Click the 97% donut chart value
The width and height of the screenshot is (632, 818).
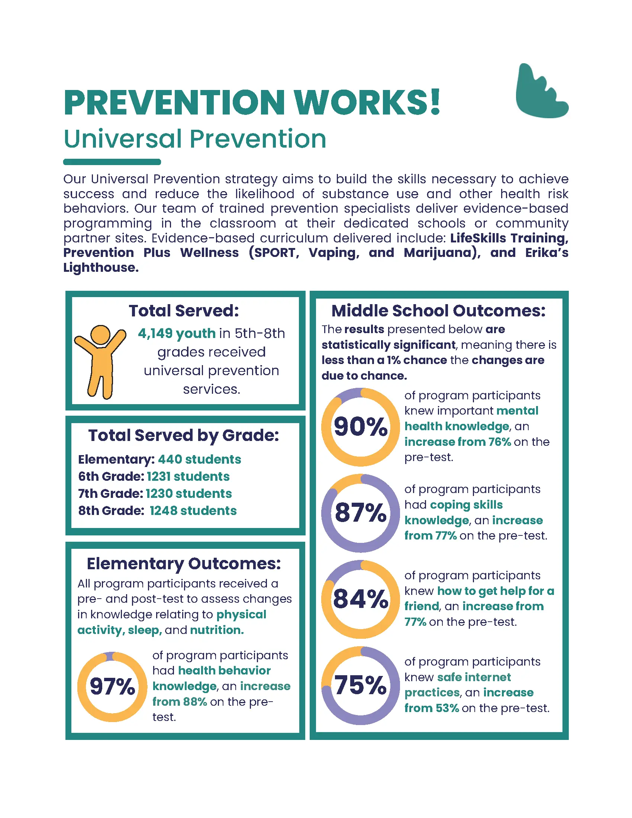112,686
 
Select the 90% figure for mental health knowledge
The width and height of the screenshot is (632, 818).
360,426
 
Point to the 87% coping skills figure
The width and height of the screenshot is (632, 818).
360,513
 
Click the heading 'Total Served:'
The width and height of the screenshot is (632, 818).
184,311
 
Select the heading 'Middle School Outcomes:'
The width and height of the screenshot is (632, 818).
438,311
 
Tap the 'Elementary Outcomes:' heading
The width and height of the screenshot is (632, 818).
184,563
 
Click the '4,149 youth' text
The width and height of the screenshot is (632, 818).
177,333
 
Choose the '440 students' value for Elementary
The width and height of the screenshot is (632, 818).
200,459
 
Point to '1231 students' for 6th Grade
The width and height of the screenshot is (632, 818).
188,476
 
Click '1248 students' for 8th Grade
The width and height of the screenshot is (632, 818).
193,511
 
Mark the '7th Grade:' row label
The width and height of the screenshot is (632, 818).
110,494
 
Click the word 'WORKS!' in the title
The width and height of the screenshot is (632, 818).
367,103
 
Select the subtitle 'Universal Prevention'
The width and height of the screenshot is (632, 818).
195,139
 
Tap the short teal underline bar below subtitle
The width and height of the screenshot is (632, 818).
112,162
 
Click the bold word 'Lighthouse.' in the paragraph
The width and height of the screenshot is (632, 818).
101,267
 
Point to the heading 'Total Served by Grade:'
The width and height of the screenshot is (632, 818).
184,435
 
